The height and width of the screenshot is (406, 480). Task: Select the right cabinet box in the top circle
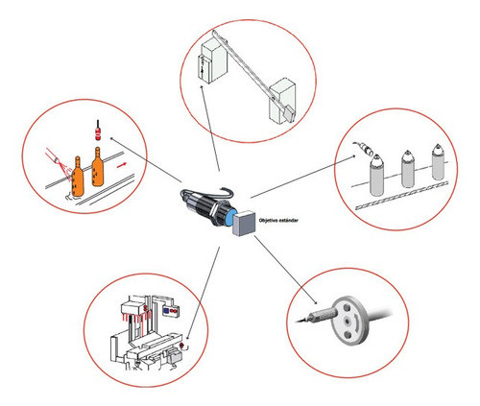tap(287, 97)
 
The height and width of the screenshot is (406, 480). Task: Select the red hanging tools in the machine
tap(139, 313)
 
